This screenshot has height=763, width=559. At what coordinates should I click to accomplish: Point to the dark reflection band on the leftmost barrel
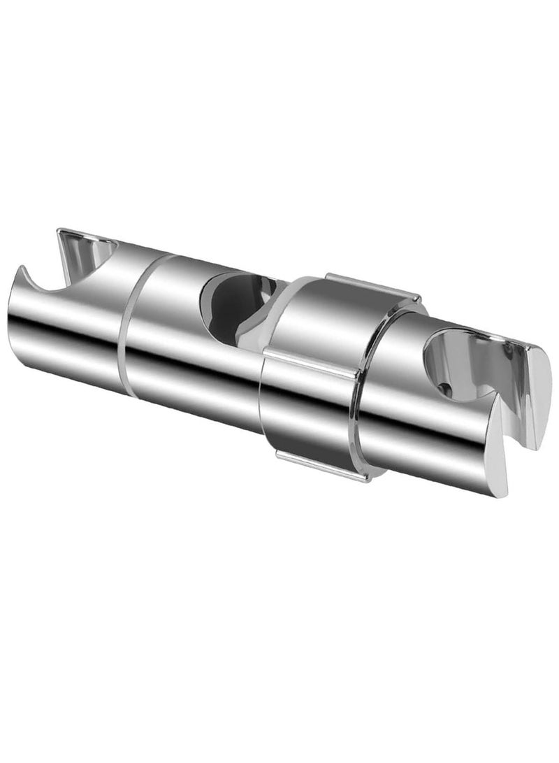[x=63, y=336]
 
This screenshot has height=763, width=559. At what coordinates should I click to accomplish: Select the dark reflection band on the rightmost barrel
[x=433, y=427]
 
